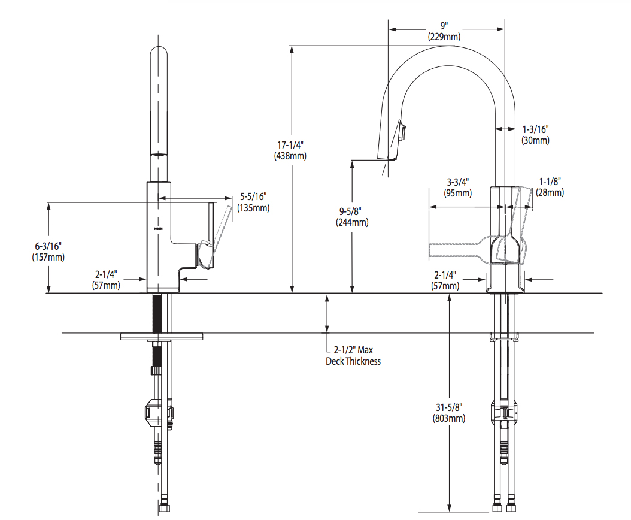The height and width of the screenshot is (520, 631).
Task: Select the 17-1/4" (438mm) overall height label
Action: pyautogui.click(x=292, y=150)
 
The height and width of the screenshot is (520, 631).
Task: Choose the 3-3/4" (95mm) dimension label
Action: pyautogui.click(x=458, y=187)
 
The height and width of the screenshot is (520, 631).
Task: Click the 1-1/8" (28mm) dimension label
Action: pyautogui.click(x=550, y=187)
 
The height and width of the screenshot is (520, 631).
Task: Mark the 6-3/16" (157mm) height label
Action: pyautogui.click(x=48, y=251)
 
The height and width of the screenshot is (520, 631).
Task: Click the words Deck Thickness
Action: pyautogui.click(x=353, y=361)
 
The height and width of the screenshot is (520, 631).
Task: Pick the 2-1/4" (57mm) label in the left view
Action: pyautogui.click(x=107, y=280)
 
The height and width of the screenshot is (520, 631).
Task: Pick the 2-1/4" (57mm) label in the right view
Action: pyautogui.click(x=445, y=280)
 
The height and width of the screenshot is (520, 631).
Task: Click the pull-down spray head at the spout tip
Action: pyautogui.click(x=390, y=143)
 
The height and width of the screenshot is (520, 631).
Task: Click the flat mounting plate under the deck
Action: pyautogui.click(x=161, y=337)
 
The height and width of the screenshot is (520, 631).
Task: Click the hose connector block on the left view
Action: pyautogui.click(x=159, y=413)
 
